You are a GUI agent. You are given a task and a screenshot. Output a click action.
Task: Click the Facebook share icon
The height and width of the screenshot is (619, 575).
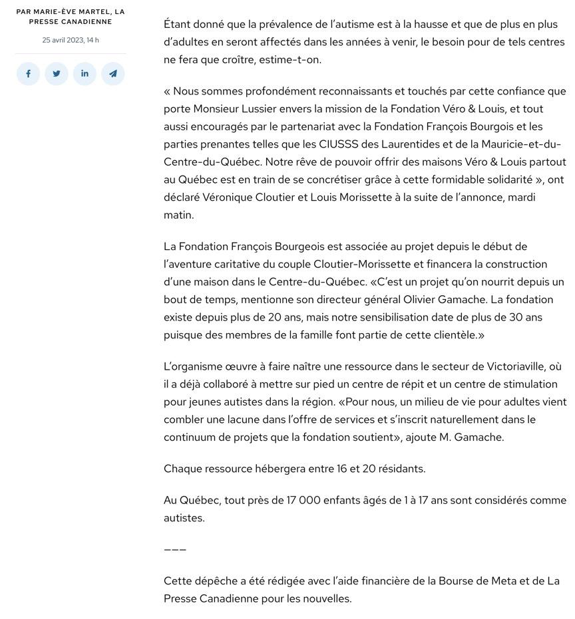click(28, 74)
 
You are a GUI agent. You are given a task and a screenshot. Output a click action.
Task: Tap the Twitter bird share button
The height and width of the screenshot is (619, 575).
click(57, 74)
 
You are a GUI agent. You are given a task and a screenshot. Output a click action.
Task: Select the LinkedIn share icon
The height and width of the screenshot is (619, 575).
click(85, 74)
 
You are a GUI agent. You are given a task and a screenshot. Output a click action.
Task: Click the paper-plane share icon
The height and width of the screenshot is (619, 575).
click(113, 74)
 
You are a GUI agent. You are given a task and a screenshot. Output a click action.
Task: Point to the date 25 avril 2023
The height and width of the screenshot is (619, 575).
click(63, 40)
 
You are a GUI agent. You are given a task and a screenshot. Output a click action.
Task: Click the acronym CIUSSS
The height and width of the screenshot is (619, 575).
click(341, 144)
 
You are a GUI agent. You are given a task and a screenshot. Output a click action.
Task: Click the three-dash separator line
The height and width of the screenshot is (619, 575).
click(175, 549)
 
